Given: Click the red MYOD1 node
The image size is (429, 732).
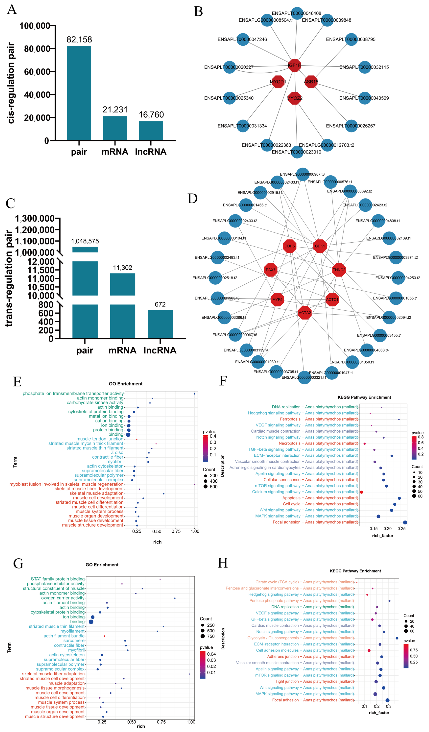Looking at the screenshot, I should coord(278,82).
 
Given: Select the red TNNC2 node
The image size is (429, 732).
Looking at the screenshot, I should coord(339,270).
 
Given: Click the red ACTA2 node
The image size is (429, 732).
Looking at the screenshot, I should coord(305,313).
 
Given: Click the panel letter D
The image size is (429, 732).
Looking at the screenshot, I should coord(193,199).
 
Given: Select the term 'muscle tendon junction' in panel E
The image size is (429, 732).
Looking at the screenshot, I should coord(100,439).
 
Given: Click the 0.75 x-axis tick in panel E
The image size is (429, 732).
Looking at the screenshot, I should coord(176,531).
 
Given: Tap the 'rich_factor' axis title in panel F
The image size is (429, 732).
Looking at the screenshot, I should coord(382,536).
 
